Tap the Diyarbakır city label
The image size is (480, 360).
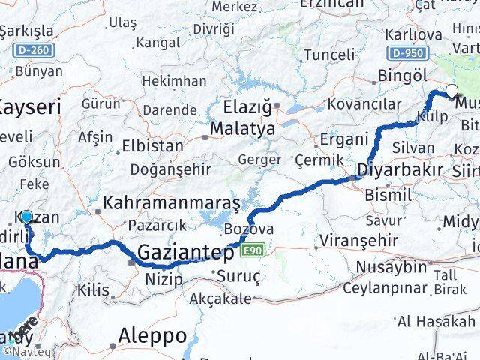[400, 169]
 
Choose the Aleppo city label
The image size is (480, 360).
[151, 335]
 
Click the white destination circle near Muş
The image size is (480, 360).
[451, 91]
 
